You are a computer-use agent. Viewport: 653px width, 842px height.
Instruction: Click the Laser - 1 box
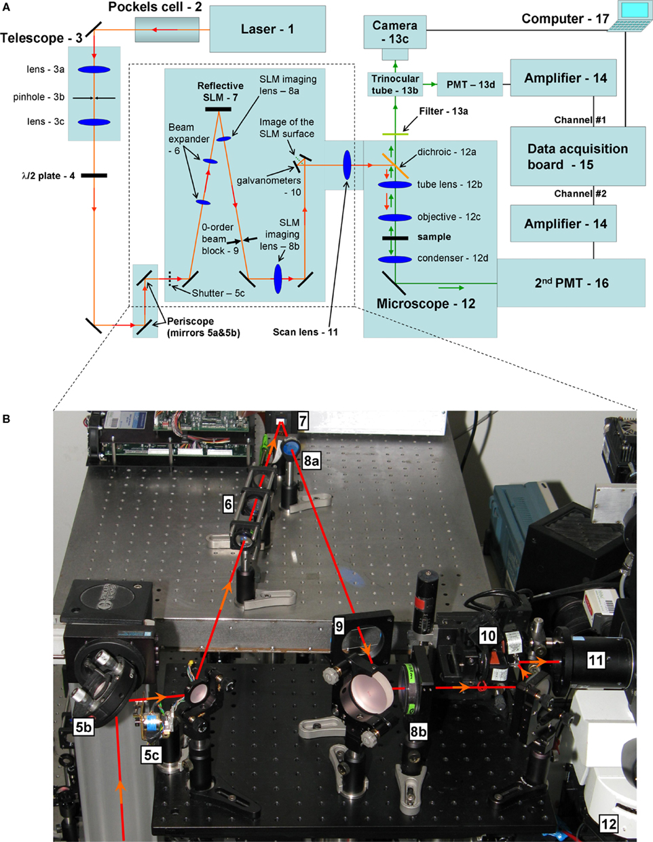pos(267,29)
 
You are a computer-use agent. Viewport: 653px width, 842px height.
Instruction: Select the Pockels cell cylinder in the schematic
pos(166,29)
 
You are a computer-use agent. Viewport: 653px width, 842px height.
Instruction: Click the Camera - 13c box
pos(394,32)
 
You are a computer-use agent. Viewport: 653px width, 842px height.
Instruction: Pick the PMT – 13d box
pos(470,85)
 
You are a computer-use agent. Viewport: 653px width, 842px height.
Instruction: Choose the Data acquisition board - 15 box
pos(577,156)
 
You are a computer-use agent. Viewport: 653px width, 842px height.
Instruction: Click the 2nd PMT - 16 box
pos(571,283)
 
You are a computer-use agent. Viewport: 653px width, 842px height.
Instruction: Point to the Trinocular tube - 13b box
pos(395,85)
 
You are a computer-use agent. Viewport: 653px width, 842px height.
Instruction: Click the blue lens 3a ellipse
pos(94,69)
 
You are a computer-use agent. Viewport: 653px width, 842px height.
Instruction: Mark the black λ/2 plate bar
pos(94,176)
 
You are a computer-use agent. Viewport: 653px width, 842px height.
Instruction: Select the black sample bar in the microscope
pos(394,238)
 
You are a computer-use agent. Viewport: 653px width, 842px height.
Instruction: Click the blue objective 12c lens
pos(394,218)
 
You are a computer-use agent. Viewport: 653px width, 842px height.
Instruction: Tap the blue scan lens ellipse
pos(347,165)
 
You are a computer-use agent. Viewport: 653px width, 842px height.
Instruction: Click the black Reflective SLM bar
pos(218,108)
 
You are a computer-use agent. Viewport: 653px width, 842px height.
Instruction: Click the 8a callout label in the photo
pos(312,462)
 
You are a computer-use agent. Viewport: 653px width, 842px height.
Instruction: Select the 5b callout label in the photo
pos(83,727)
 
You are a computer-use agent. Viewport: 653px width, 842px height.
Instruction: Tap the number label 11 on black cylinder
pos(595,659)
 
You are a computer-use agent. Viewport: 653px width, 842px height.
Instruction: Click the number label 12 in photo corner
pos(609,824)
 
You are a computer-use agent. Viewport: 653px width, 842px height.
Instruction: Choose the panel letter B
pos(7,419)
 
